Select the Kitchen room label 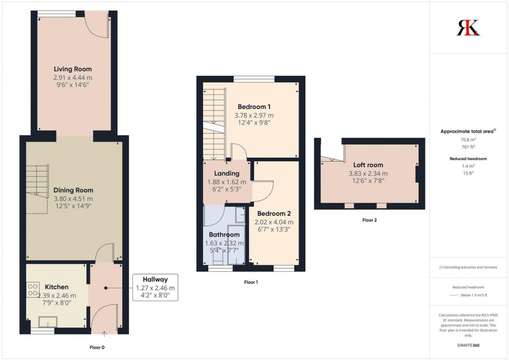coord(57,287)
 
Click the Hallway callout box coord(155,288)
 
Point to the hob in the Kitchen coord(32,288)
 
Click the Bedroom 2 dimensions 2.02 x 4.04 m coord(274,222)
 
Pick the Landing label coord(226,174)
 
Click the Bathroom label coord(224,235)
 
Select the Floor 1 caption coord(250,282)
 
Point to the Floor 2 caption coord(369,220)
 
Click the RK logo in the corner coord(468,27)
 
